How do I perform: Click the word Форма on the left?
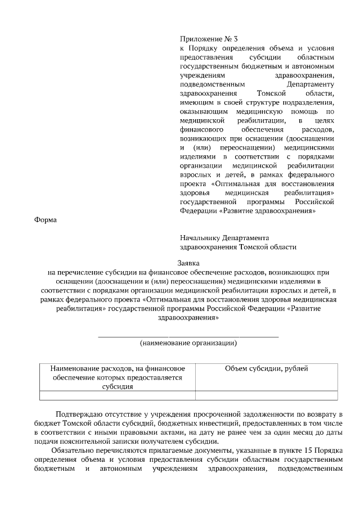[46, 220]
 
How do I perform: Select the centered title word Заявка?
[188, 263]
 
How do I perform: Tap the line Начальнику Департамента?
[224, 238]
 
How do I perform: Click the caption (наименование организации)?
[188, 343]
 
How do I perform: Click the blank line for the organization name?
[188, 335]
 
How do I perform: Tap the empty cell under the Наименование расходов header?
[118, 395]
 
